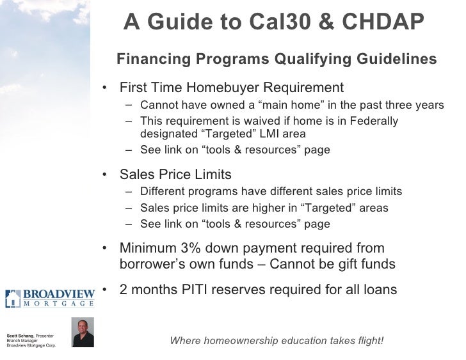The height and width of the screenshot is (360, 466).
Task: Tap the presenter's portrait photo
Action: (83, 332)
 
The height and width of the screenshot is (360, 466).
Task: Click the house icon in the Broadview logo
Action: (12, 297)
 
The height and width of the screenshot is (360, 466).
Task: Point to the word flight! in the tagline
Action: (367, 340)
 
